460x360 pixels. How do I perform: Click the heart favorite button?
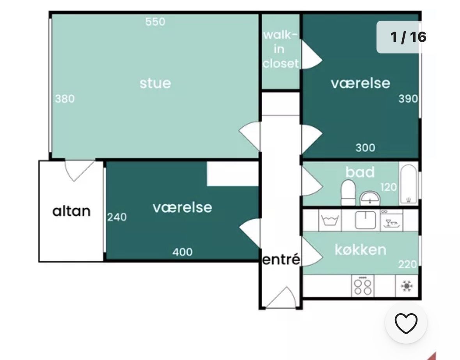(406, 323)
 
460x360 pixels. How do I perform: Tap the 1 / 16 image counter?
(408, 37)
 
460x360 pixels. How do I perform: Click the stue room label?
(155, 83)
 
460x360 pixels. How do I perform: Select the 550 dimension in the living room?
(155, 22)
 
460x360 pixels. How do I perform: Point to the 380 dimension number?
(65, 99)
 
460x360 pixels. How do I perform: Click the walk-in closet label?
(281, 49)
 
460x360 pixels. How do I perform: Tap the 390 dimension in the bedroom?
(408, 99)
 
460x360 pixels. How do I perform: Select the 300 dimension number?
(366, 148)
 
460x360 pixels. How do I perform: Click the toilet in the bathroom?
(348, 193)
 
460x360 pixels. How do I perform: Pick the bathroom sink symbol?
(370, 198)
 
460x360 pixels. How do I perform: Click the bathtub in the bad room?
(408, 184)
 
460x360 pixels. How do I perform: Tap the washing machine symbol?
(330, 220)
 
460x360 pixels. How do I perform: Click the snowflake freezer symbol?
(407, 286)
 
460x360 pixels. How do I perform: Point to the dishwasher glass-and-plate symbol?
(392, 220)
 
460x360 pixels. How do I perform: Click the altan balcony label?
(71, 211)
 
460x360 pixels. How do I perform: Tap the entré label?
(281, 260)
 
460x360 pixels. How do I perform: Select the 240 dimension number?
(117, 217)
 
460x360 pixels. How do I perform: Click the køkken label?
(361, 250)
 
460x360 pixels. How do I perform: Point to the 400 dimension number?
(183, 252)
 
